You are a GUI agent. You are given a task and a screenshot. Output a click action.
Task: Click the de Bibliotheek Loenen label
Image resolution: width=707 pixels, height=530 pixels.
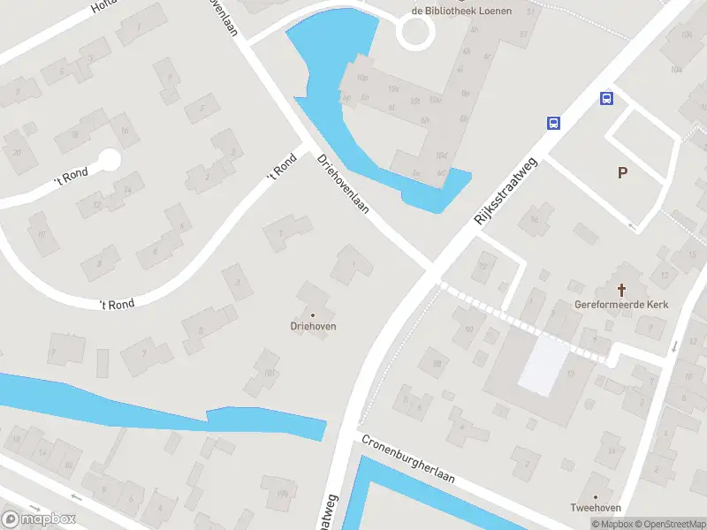pyautogui.click(x=457, y=11)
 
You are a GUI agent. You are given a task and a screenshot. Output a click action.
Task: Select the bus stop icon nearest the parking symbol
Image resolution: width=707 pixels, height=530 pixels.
pyautogui.click(x=607, y=98)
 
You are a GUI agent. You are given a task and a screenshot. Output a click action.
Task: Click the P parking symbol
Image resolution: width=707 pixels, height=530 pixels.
pyautogui.click(x=623, y=173)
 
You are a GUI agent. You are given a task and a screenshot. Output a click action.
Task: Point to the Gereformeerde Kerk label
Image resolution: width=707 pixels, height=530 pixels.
pyautogui.click(x=621, y=305)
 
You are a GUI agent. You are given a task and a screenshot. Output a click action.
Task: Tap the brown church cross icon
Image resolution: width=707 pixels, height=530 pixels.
pyautogui.click(x=622, y=289)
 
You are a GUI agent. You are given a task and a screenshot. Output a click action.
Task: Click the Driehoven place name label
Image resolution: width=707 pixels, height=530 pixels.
pyautogui.click(x=312, y=326)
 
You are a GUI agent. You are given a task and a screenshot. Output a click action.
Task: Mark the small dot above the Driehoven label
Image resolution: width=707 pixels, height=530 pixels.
pyautogui.click(x=312, y=314)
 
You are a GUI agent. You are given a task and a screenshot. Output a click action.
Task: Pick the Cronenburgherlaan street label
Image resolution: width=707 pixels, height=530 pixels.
pyautogui.click(x=407, y=458)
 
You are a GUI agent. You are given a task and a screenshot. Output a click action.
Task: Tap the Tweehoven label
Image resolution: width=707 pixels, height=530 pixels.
pyautogui.click(x=596, y=508)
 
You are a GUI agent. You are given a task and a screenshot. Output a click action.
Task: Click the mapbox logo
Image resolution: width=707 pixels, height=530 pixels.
pyautogui.click(x=39, y=519)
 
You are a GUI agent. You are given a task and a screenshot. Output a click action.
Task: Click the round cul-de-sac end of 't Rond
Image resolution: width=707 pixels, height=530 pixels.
pyautogui.click(x=109, y=160)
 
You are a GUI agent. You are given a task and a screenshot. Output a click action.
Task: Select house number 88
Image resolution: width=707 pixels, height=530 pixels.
pyautogui.click(x=436, y=363)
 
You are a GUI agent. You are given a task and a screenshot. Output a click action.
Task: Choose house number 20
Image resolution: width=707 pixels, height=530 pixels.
pyautogui.click(x=17, y=152)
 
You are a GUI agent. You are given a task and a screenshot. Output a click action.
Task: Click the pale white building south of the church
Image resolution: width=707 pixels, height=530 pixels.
pyautogui.click(x=544, y=366)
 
